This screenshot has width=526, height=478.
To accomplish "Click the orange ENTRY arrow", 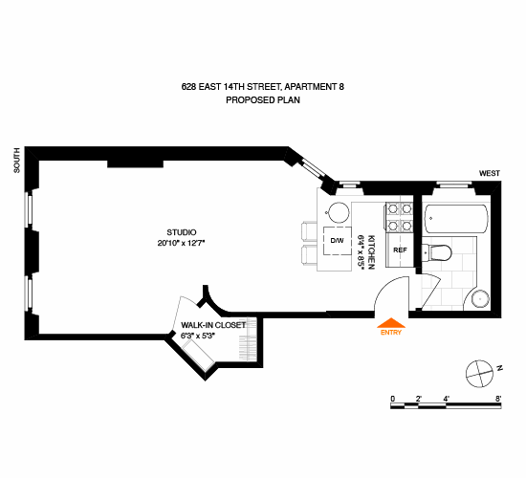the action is (391, 323).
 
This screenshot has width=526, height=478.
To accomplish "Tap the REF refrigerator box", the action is (400, 250).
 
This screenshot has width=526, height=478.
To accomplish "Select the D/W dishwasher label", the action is (338, 241).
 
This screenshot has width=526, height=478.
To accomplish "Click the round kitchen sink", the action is (339, 212).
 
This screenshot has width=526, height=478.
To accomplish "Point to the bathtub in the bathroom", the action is (456, 219).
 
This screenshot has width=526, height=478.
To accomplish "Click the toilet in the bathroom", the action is (437, 252).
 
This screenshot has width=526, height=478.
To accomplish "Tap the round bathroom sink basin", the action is (480, 298).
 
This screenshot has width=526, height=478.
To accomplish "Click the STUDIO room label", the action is (182, 232).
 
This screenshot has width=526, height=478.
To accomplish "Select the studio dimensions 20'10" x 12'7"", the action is (181, 243).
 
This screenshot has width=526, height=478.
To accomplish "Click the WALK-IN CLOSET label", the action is (213, 325).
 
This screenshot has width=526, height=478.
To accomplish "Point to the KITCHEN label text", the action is (371, 252).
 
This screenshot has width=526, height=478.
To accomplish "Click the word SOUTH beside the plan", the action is (17, 161).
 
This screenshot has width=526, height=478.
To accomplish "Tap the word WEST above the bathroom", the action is (490, 173).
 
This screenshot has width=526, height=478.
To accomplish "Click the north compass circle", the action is (480, 374).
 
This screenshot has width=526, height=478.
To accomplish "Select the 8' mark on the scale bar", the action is (498, 399).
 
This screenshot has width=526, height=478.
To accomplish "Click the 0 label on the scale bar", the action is (393, 399).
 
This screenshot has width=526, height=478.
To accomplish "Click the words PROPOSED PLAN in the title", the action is (263, 100).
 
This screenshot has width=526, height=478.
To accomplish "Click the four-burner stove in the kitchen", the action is (400, 217).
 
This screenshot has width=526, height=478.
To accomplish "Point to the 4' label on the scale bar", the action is (447, 399).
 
